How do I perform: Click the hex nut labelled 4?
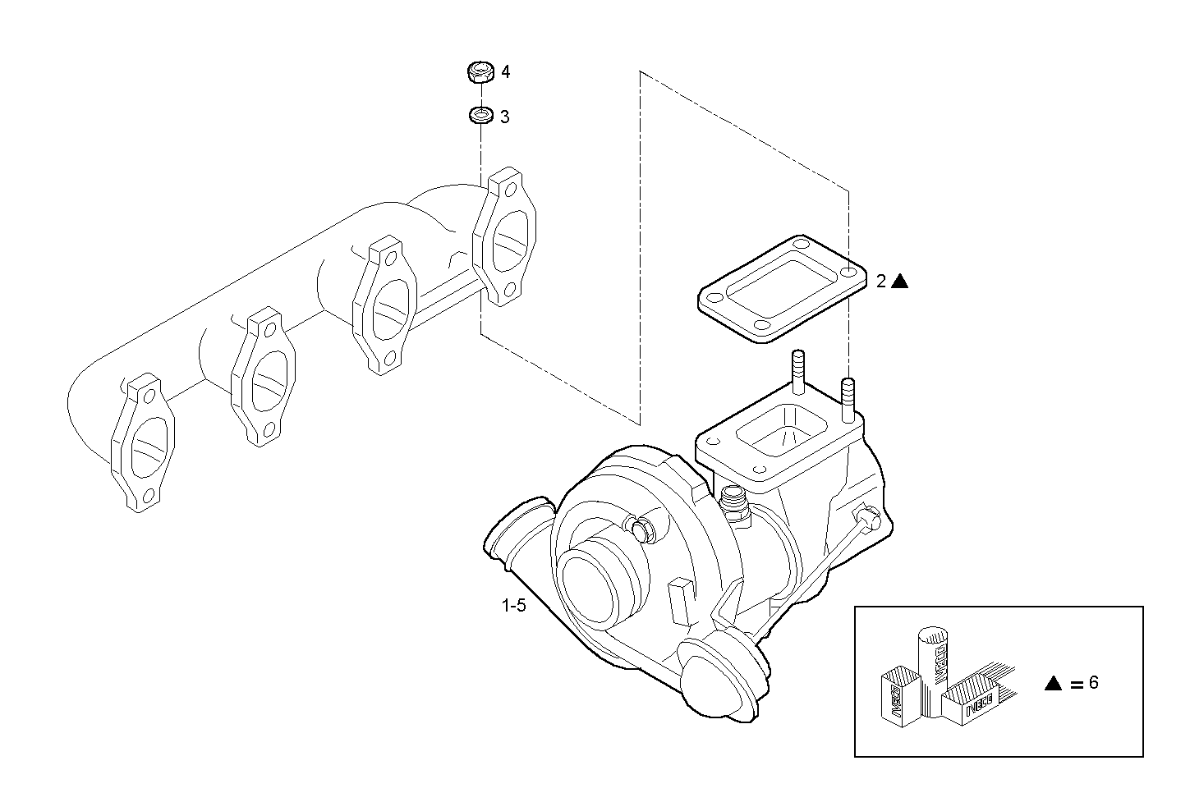point(480,72)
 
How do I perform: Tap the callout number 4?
point(506,72)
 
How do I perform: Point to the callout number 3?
point(505,117)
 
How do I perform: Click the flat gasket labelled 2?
point(781,288)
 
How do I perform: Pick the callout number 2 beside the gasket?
point(880,282)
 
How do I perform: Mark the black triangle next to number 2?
point(900,281)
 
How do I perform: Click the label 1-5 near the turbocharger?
point(513,607)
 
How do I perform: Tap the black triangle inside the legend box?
point(1054,683)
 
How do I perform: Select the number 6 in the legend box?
point(1093,682)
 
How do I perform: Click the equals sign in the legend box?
point(1076,684)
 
